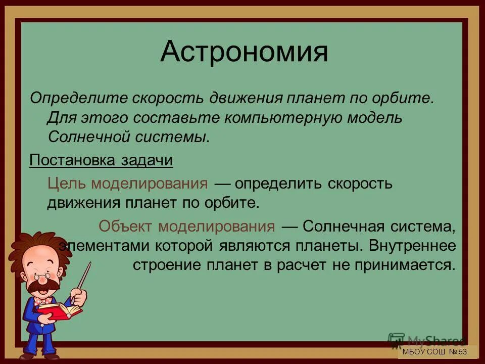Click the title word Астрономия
244,52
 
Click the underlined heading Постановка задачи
101,160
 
